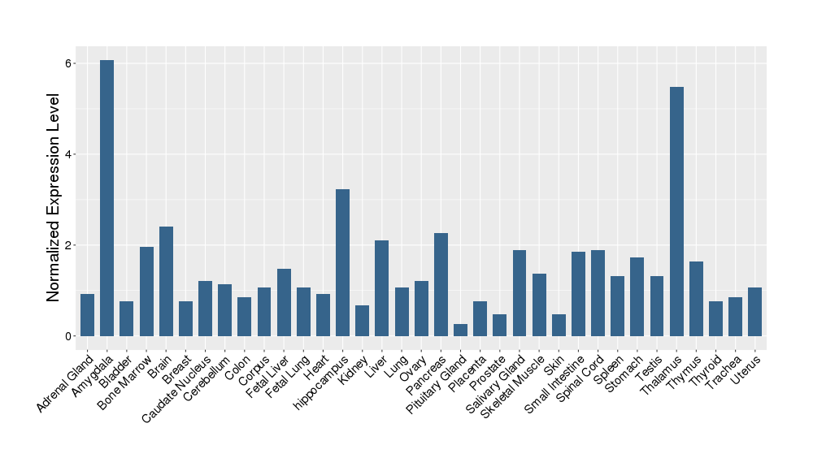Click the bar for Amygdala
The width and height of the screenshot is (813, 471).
coord(107,198)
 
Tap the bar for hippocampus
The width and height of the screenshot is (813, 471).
coord(342,262)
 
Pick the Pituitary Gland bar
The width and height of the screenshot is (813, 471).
coord(460,330)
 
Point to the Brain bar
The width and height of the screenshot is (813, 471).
coord(166,281)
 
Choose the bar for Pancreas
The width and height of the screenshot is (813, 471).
coord(441,284)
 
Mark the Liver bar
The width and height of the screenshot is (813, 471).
coord(381,288)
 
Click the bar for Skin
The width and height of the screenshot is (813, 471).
coord(559,325)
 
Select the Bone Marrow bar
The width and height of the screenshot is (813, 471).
coord(146,292)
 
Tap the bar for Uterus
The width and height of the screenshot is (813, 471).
coord(754,312)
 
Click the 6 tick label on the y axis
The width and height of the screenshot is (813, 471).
coord(70,63)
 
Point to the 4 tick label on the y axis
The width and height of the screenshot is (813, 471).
coord(70,154)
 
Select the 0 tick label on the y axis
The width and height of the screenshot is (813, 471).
coord(70,336)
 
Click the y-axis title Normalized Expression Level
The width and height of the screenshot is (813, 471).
coord(54,198)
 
